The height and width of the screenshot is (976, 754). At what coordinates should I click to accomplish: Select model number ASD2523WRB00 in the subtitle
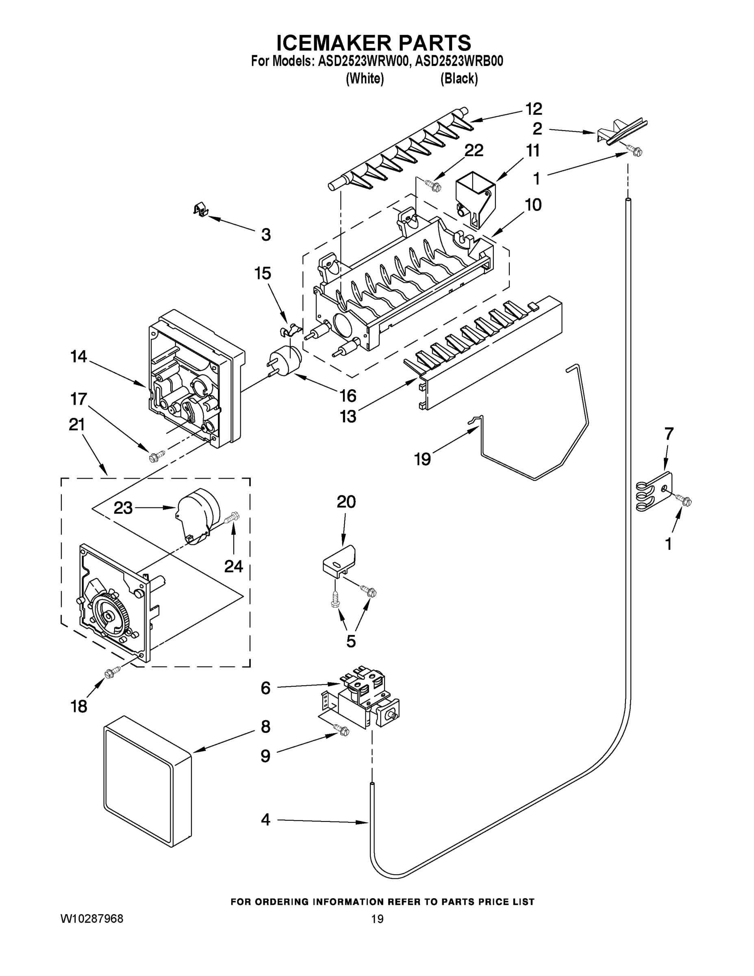click(459, 61)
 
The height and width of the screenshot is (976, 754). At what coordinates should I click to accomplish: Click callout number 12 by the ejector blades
click(533, 109)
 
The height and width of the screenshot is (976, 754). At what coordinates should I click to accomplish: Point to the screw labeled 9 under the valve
click(342, 731)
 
